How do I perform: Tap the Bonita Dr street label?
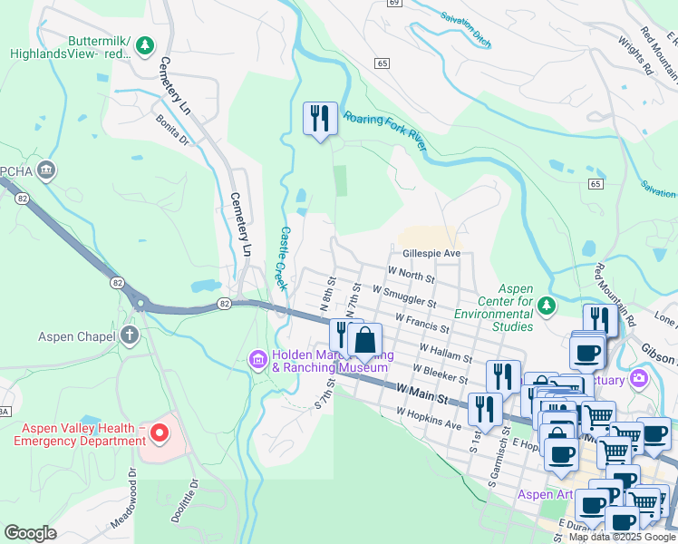(x=171, y=129)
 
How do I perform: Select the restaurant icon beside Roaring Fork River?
(x=320, y=120)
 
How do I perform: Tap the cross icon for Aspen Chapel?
(x=130, y=336)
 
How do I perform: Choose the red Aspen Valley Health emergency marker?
(x=160, y=434)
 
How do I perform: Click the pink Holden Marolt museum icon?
(x=258, y=361)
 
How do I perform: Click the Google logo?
(x=31, y=533)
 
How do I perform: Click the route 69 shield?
(x=392, y=3)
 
